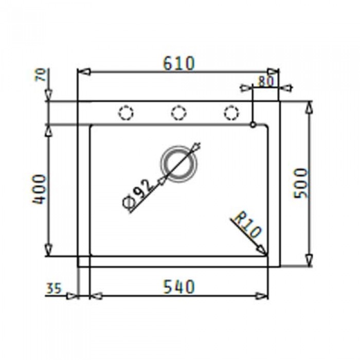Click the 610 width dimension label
tap(179, 63)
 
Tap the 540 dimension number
tap(179, 286)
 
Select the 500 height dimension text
tap(300, 183)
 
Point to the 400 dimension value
tap(39, 189)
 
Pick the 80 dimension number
tap(266, 81)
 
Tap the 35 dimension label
tap(54, 288)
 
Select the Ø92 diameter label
tap(138, 193)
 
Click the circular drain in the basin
tap(179, 164)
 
